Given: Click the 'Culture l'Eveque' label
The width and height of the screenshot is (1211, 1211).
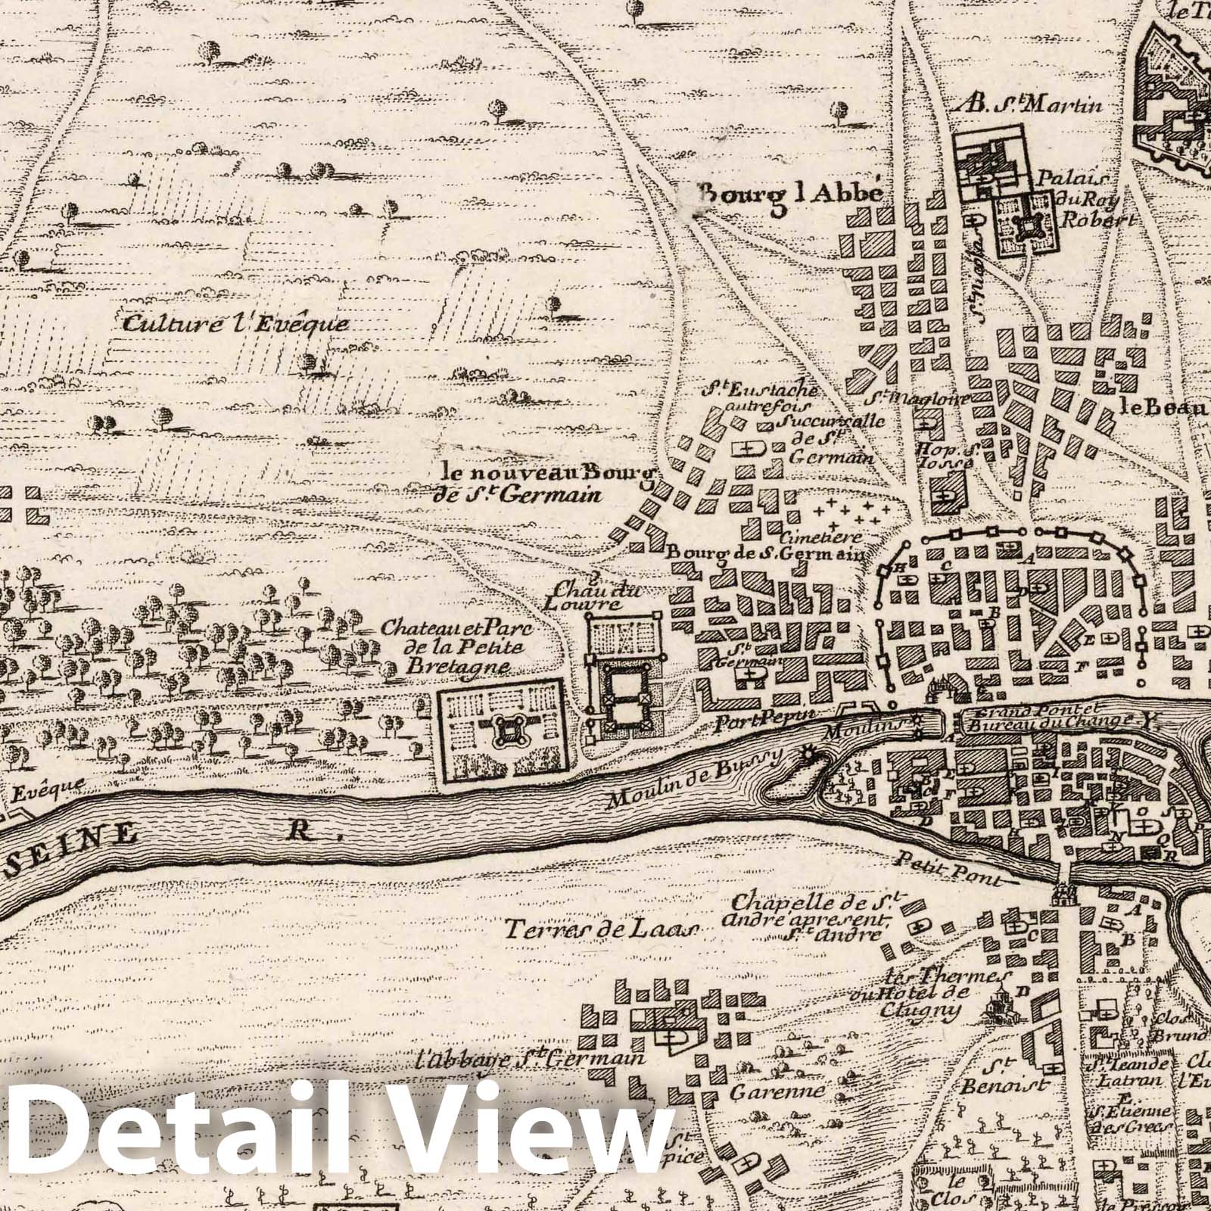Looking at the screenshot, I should click(x=235, y=325).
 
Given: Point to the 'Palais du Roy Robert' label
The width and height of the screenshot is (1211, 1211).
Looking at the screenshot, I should click(x=1091, y=199).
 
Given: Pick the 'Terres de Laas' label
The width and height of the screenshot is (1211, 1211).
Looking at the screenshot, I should click(x=602, y=930).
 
